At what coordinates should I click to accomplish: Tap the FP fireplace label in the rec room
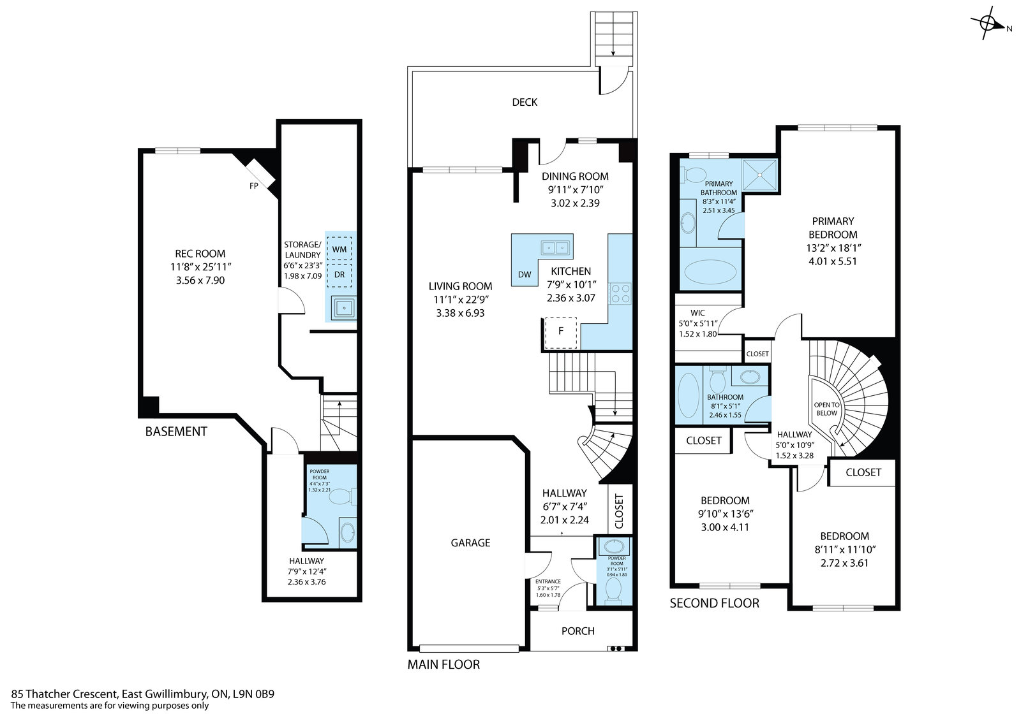click(x=254, y=186)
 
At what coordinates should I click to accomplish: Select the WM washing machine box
click(x=339, y=249)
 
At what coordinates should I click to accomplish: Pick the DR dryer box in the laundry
click(x=339, y=275)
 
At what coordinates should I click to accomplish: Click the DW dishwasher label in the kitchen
click(x=525, y=275)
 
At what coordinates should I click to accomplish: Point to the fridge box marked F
click(x=561, y=333)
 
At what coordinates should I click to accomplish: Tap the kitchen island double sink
click(x=555, y=248)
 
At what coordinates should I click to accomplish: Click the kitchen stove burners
click(x=620, y=294)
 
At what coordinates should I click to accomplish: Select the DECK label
click(x=525, y=102)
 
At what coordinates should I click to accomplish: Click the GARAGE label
click(x=470, y=543)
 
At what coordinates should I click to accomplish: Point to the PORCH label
click(x=578, y=631)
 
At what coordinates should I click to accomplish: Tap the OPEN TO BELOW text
click(x=827, y=409)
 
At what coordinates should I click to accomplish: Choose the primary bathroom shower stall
click(x=759, y=175)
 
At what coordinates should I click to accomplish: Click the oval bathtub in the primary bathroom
click(x=710, y=272)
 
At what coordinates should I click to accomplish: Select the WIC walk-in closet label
click(x=697, y=313)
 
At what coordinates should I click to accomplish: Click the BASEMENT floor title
click(x=176, y=432)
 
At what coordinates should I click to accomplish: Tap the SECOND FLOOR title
click(x=714, y=604)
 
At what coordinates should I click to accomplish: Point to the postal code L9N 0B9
click(x=253, y=694)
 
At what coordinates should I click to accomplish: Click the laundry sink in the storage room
click(x=344, y=308)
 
